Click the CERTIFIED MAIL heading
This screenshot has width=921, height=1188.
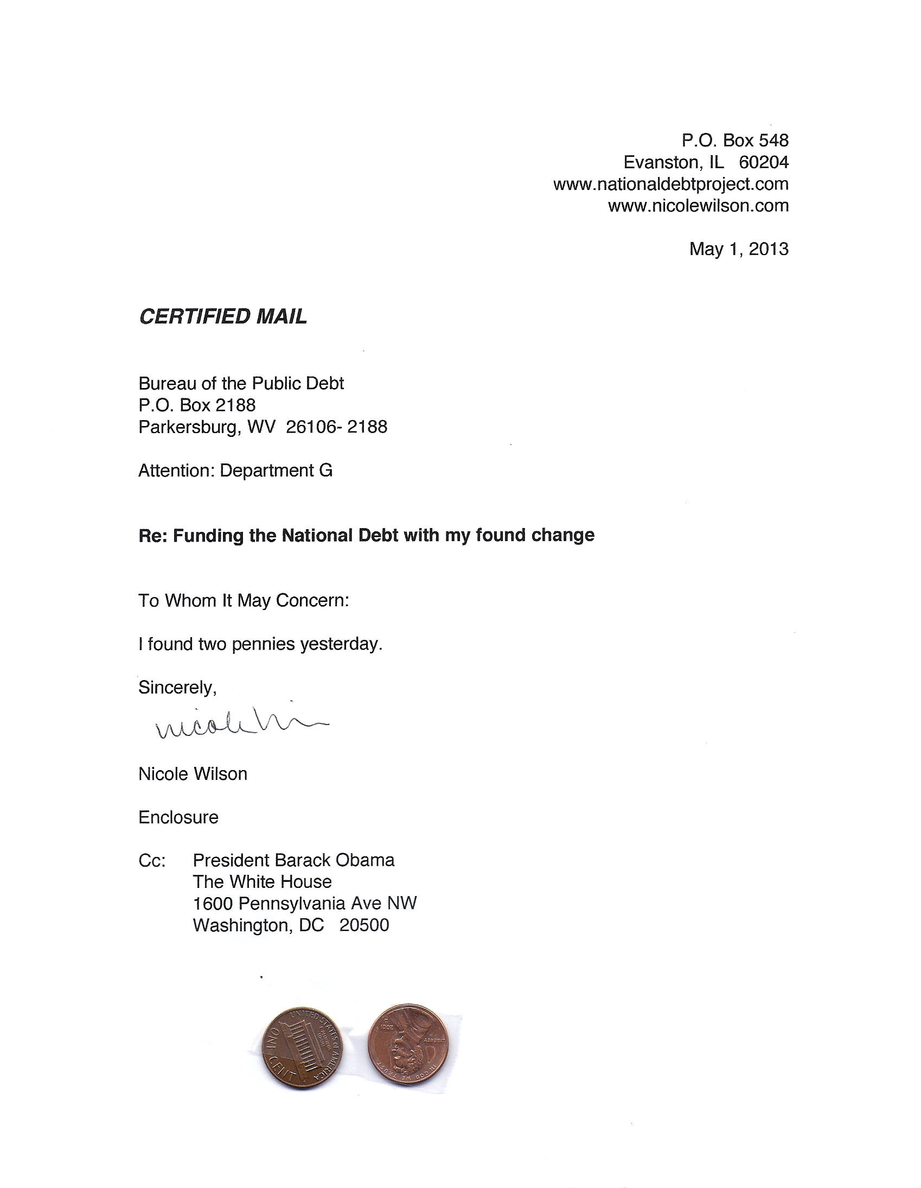coord(223,316)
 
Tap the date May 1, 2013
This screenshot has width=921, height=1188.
coord(738,249)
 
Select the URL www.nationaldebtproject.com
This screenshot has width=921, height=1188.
coord(670,184)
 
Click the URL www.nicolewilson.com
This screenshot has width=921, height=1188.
coord(698,206)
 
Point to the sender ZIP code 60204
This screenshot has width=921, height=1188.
coord(763,162)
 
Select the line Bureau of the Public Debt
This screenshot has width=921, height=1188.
coord(241,384)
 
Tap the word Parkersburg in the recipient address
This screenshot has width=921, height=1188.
coord(189,427)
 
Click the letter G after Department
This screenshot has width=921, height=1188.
coord(325,471)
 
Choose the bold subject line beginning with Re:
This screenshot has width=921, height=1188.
coord(367,535)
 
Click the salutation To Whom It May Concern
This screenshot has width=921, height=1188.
coord(244,601)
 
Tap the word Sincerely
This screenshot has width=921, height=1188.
coord(177,688)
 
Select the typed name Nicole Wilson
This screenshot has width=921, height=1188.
coord(193,774)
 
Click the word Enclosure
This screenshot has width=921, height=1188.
coord(178,817)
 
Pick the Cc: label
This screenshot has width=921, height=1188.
coord(152,861)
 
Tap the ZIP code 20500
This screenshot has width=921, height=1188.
coord(364,925)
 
